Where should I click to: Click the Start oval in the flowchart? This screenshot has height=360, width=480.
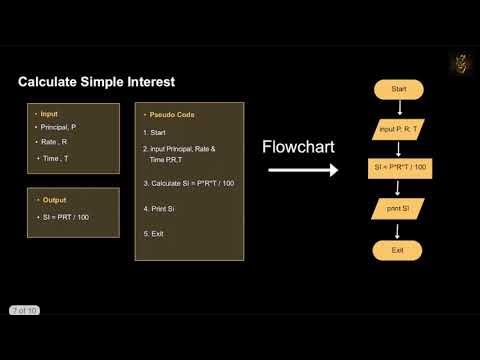pyautogui.click(x=398, y=89)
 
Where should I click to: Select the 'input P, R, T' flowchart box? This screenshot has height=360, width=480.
pyautogui.click(x=398, y=129)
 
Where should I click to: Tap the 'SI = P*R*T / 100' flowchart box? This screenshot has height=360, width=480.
pyautogui.click(x=398, y=168)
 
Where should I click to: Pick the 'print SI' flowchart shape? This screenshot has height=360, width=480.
pyautogui.click(x=398, y=209)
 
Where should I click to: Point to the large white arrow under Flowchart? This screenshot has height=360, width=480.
pyautogui.click(x=305, y=170)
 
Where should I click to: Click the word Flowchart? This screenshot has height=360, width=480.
pyautogui.click(x=297, y=147)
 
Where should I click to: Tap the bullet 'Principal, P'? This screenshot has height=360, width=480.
pyautogui.click(x=59, y=127)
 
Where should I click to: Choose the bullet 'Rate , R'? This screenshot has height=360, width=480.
pyautogui.click(x=53, y=142)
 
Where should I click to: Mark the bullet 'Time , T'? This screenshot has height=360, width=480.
pyautogui.click(x=55, y=158)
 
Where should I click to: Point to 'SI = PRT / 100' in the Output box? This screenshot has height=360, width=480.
pyautogui.click(x=64, y=217)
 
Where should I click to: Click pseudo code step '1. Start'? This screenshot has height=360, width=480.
pyautogui.click(x=154, y=132)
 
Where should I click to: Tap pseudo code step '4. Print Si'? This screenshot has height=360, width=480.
pyautogui.click(x=160, y=208)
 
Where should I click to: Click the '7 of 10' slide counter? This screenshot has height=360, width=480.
pyautogui.click(x=24, y=311)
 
